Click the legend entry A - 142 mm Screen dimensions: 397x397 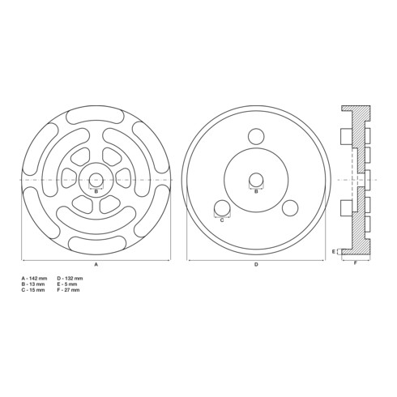[x=34, y=279]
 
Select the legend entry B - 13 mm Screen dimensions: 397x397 [x=33, y=284]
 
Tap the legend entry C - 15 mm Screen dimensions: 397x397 [x=33, y=290]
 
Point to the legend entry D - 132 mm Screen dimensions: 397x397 [x=70, y=279]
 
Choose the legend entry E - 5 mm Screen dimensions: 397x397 [x=67, y=284]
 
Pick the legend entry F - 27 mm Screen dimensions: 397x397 [x=68, y=290]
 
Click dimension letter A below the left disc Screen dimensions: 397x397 [x=96, y=265]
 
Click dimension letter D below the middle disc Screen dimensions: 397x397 [x=256, y=265]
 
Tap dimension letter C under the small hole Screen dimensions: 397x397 [x=222, y=220]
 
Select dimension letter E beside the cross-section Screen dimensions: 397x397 [x=334, y=252]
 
